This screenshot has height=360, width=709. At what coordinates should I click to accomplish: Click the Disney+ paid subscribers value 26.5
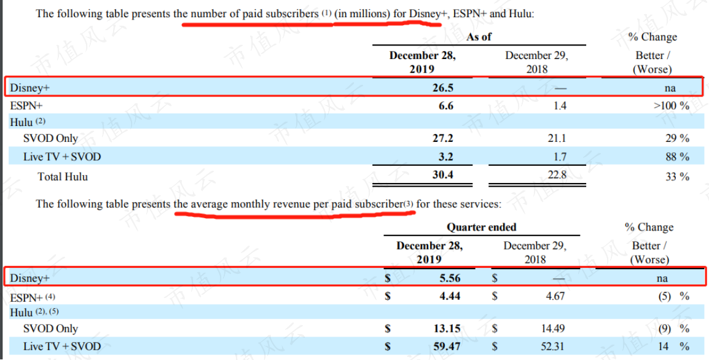(443, 88)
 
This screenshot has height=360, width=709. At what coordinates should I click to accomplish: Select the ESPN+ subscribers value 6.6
(446, 106)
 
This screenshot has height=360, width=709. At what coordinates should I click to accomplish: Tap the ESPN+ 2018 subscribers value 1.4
(560, 106)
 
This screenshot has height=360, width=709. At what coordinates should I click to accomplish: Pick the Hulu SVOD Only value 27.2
(443, 138)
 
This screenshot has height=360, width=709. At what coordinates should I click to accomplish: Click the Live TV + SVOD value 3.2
(446, 157)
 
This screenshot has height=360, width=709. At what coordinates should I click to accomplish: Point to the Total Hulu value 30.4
(443, 175)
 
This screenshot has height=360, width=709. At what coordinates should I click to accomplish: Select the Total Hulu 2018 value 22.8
(557, 175)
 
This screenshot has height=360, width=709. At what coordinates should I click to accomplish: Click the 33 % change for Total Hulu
(677, 177)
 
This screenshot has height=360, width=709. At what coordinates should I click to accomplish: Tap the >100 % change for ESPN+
(672, 106)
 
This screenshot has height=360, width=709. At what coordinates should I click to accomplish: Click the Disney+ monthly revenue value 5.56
(450, 278)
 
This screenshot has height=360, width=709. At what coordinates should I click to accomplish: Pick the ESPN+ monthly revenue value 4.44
(450, 296)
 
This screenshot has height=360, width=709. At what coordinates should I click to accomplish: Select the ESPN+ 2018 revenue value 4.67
(555, 296)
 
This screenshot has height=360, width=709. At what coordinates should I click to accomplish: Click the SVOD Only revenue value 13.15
(447, 329)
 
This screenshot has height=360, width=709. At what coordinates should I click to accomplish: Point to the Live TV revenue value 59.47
(447, 347)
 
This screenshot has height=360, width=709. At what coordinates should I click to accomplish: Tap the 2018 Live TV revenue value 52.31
(552, 347)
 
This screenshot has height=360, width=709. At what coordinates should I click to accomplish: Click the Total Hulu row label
(63, 177)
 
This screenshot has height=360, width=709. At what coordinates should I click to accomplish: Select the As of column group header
(479, 37)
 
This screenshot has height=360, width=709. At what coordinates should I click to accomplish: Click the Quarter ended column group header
(482, 227)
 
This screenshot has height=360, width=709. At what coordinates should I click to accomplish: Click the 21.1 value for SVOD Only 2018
(557, 138)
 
